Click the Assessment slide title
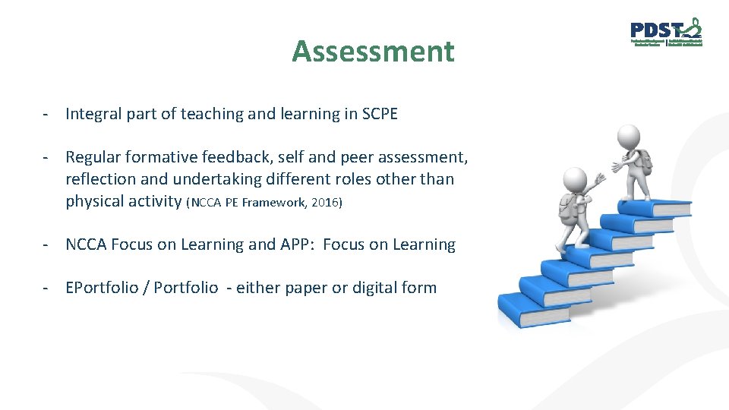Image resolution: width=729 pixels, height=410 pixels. pyautogui.click(x=373, y=52)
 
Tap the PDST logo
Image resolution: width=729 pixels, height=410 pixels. pyautogui.click(x=666, y=33)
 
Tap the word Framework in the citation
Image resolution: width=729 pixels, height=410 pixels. pyautogui.click(x=274, y=202)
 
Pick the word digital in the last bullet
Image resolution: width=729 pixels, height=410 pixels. pyautogui.click(x=378, y=288)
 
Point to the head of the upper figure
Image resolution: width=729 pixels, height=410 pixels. pyautogui.click(x=629, y=137)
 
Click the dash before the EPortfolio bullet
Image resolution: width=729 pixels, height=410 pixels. pyautogui.click(x=47, y=288)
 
